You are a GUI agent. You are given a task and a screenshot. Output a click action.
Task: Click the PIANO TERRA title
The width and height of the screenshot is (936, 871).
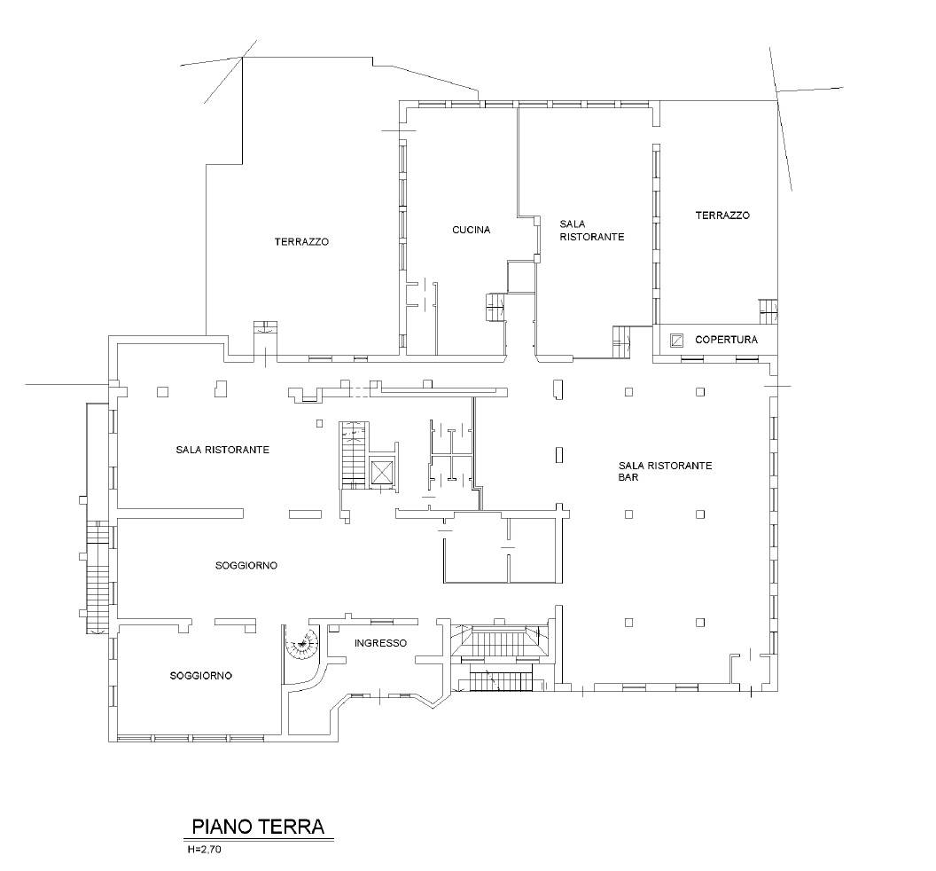258,826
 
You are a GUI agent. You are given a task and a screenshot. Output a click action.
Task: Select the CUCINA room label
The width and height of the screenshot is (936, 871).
471,230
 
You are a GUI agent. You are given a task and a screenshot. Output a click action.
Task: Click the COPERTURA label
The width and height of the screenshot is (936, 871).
727,340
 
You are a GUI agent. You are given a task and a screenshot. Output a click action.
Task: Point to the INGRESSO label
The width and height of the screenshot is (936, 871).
380,643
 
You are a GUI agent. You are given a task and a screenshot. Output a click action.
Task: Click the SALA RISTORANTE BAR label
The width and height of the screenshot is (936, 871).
665,471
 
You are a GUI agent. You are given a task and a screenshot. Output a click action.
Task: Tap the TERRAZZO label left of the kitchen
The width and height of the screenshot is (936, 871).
301,242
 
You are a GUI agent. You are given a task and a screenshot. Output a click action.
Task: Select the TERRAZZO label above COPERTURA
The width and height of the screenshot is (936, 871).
722,215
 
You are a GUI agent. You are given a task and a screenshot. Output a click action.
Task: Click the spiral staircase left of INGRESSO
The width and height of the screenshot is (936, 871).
301,644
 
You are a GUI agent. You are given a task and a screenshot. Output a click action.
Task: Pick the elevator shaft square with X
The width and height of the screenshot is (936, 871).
381,472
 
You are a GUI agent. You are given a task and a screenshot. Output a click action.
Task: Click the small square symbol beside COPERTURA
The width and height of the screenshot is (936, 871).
675,340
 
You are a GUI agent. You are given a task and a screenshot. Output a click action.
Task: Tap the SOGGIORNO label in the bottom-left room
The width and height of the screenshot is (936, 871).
200,676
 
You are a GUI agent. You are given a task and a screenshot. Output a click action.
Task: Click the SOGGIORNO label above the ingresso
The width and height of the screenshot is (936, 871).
246,565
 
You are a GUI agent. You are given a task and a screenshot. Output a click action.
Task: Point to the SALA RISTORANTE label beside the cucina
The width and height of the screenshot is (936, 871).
591,231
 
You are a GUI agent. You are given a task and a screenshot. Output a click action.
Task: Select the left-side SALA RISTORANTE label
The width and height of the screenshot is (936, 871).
222,450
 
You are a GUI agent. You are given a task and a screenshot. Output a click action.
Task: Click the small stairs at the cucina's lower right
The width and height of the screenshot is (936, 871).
495,308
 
